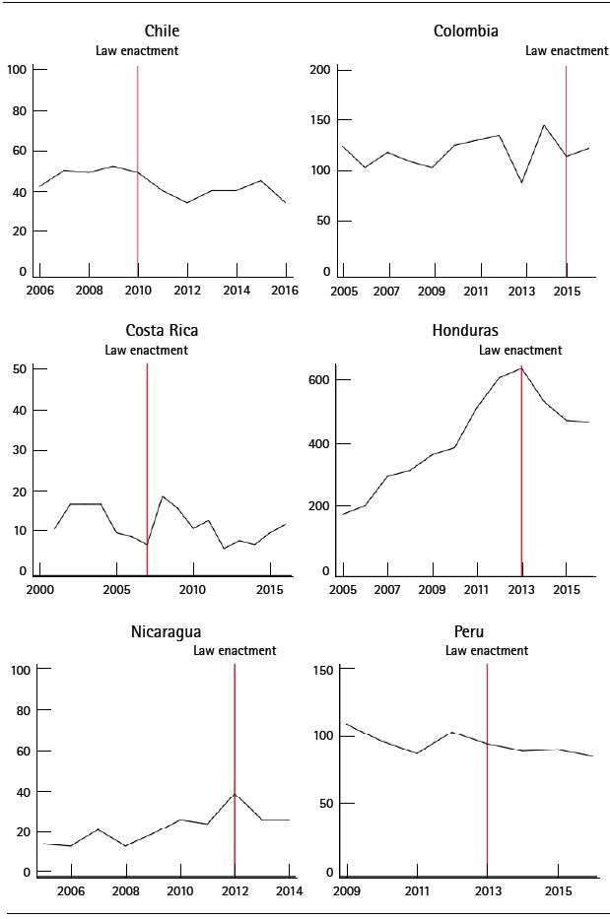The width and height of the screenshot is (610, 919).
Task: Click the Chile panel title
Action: [x=162, y=31]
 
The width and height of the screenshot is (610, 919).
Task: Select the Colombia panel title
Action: [x=465, y=31]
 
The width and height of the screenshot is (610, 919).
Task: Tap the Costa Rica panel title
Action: [x=162, y=330]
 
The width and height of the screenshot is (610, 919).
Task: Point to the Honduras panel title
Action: [x=465, y=330]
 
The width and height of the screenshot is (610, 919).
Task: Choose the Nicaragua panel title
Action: [x=161, y=630]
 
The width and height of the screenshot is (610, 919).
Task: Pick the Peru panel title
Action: [x=465, y=630]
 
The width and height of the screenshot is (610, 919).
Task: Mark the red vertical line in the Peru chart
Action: [x=488, y=768]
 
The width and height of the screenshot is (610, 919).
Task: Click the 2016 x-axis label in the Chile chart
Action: [x=285, y=292]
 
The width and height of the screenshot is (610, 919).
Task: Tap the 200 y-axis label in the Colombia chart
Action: [x=319, y=70]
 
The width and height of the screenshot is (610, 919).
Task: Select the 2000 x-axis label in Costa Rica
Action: [x=40, y=591]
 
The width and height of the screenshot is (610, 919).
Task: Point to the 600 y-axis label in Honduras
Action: [x=318, y=379]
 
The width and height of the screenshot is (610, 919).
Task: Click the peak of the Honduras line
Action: [x=520, y=368]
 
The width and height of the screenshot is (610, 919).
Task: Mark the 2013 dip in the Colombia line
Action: [x=521, y=182]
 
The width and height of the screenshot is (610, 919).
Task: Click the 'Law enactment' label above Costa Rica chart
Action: [x=146, y=350]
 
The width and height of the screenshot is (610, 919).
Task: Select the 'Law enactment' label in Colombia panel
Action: [x=566, y=51]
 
